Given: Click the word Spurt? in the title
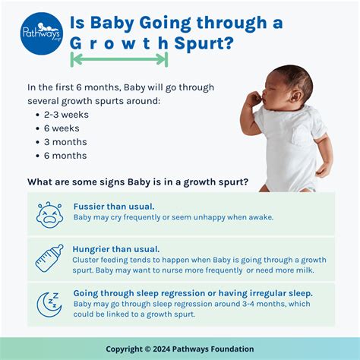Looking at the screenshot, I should point(203,43).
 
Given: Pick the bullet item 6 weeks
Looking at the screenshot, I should point(62,128).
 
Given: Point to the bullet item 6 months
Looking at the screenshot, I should point(65,155).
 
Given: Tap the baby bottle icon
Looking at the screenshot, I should point(49,259).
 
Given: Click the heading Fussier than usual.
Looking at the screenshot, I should point(114,206).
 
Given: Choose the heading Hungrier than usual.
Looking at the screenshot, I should point(116,248).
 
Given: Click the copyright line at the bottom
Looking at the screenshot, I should point(180,348).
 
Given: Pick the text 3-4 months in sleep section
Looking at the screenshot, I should point(254,303).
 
